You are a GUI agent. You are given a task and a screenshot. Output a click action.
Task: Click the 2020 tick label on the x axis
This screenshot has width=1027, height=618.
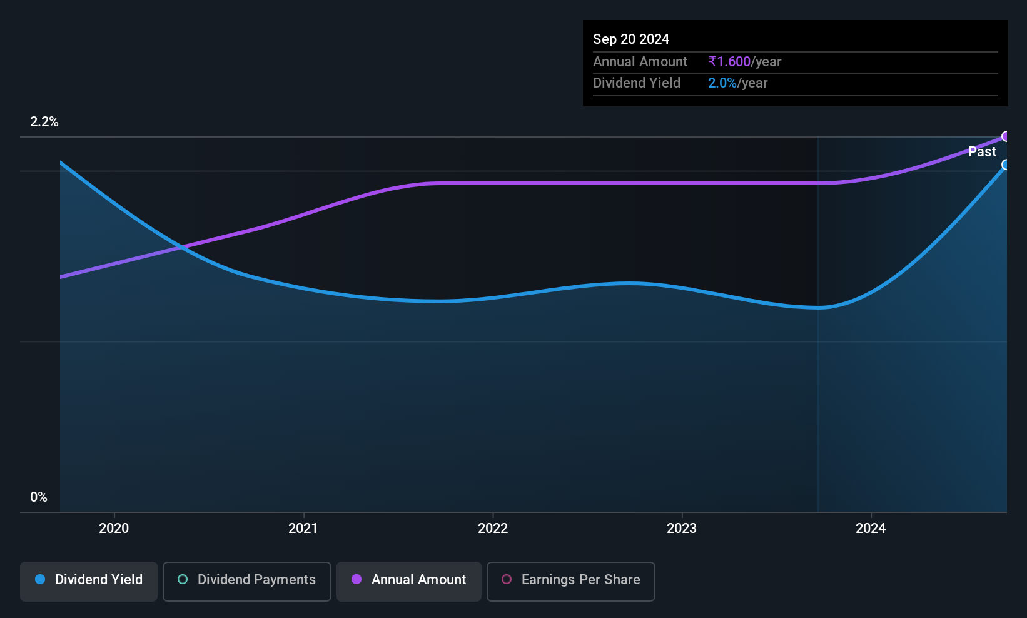tap(114, 528)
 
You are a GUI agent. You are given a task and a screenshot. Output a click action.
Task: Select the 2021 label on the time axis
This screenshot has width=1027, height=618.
tap(303, 528)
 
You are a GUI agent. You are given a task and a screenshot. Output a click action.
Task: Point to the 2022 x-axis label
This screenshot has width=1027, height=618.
tap(493, 528)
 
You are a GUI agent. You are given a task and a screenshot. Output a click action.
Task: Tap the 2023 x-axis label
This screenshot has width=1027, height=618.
tap(682, 528)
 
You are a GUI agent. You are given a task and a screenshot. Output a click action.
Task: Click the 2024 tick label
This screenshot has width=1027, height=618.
tap(871, 528)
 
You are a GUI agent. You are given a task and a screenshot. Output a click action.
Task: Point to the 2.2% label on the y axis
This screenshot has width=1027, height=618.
tap(44, 122)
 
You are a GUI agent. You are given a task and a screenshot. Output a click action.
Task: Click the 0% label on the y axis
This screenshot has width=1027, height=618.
tap(39, 497)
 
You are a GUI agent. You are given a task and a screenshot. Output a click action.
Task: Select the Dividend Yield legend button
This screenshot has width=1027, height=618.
tap(88, 581)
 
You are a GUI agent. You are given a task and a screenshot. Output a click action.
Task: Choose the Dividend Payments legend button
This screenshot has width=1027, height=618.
tap(246, 581)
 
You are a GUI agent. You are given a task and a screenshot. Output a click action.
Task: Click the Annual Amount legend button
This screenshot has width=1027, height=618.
tap(409, 581)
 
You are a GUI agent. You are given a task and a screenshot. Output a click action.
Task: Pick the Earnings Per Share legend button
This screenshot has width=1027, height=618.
tap(571, 581)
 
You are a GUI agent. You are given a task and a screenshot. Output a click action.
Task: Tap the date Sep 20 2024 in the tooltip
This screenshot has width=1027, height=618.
tap(631, 39)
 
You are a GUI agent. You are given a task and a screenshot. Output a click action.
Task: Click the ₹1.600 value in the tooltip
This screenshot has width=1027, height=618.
tap(729, 61)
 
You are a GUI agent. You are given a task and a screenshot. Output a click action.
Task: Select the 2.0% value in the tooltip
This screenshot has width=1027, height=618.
tap(722, 83)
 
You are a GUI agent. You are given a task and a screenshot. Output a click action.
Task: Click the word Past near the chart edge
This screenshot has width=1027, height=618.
tap(982, 152)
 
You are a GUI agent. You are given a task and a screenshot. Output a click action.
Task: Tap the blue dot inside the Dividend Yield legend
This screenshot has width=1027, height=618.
tap(41, 579)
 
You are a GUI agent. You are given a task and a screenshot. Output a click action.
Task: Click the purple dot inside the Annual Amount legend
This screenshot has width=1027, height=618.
tap(357, 579)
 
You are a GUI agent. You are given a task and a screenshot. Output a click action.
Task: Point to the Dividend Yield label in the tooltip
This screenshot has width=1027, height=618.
tap(636, 83)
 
